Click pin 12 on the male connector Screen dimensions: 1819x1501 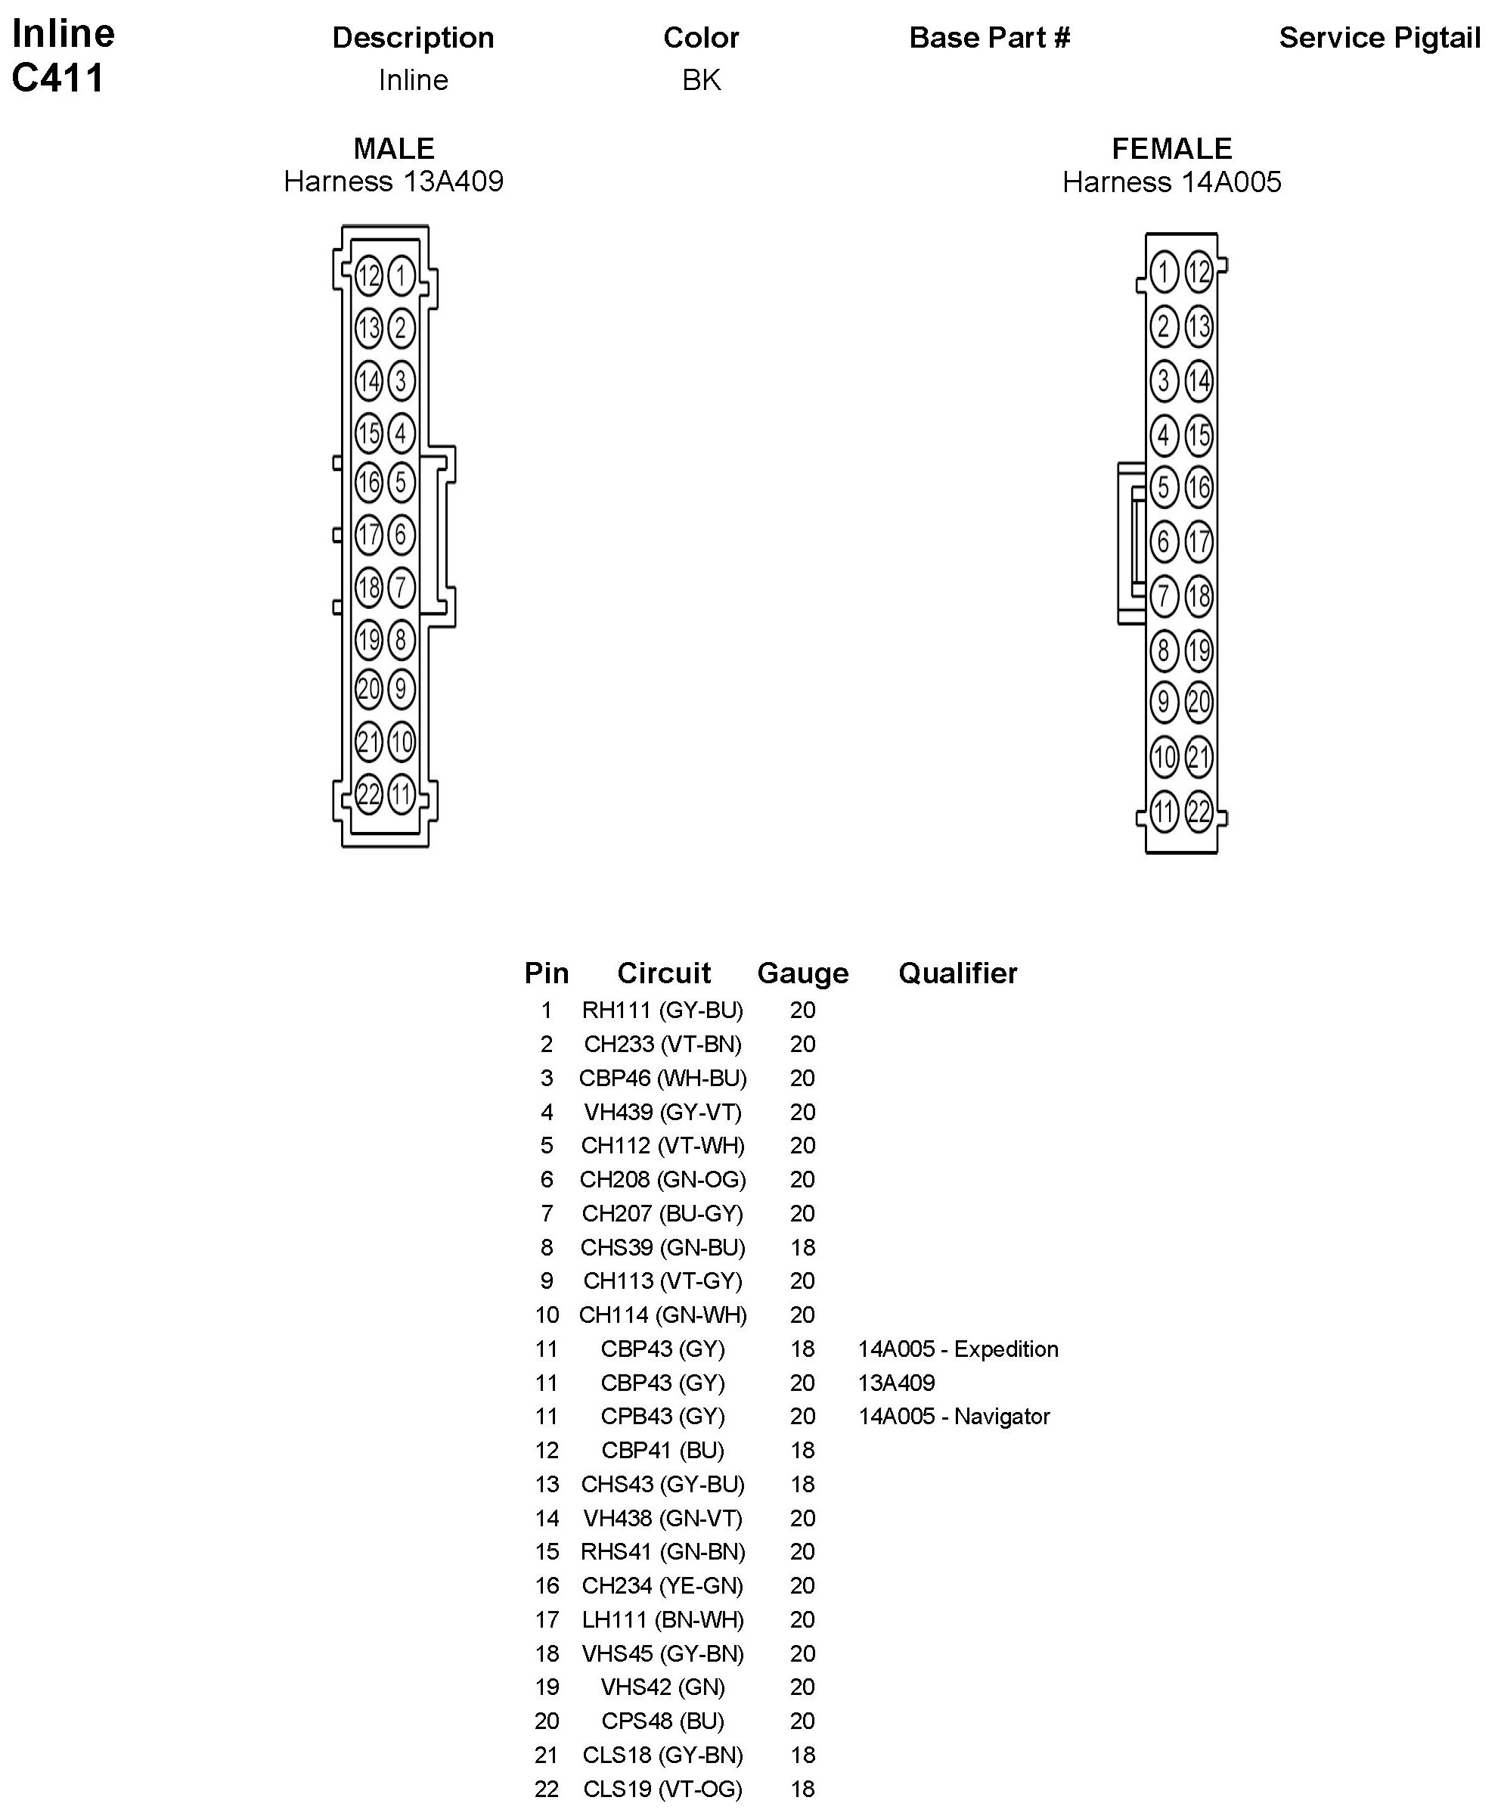[368, 276]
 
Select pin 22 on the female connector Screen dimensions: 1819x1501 [1199, 812]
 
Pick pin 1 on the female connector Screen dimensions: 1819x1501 [1164, 272]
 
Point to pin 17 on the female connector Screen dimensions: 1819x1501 [1199, 542]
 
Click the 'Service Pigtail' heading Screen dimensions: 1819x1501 [1379, 38]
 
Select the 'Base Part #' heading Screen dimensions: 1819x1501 [989, 38]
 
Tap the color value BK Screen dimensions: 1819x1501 [701, 80]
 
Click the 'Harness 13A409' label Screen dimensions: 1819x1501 [393, 182]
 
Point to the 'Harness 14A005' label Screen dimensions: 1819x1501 [1171, 182]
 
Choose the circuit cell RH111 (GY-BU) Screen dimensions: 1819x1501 [662, 1010]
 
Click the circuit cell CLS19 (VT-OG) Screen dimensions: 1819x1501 [662, 1789]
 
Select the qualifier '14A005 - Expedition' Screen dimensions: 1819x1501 [958, 1349]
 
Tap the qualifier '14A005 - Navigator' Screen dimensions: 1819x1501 [954, 1417]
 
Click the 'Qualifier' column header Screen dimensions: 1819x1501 [958, 973]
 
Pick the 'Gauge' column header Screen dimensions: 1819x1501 [802, 973]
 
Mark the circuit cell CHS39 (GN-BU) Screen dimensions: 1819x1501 [662, 1247]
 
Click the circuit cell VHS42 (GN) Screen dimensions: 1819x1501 [662, 1687]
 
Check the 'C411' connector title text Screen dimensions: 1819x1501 [58, 78]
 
